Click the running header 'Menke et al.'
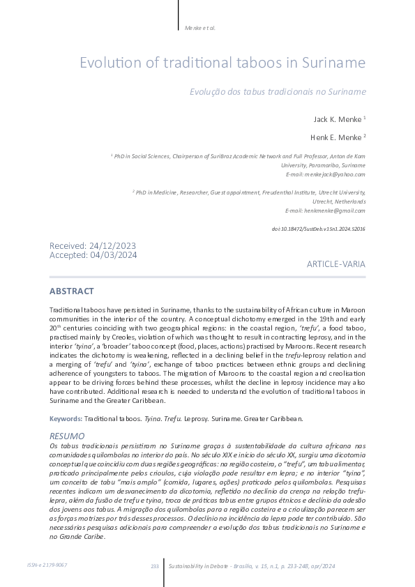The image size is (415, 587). pyautogui.click(x=200, y=28)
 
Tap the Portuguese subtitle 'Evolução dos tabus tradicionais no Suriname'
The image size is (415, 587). pyautogui.click(x=278, y=91)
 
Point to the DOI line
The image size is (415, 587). pyautogui.click(x=317, y=229)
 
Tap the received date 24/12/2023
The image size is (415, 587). pyautogui.click(x=112, y=246)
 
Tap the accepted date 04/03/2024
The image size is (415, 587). pyautogui.click(x=113, y=255)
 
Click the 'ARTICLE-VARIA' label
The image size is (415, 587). pyautogui.click(x=335, y=265)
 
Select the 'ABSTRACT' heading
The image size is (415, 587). pyautogui.click(x=72, y=291)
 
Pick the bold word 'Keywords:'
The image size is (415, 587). pyautogui.click(x=66, y=418)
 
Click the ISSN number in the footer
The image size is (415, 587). pyautogui.click(x=48, y=565)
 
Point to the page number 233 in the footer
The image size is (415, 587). pyautogui.click(x=155, y=565)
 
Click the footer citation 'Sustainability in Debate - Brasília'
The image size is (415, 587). pyautogui.click(x=209, y=565)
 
